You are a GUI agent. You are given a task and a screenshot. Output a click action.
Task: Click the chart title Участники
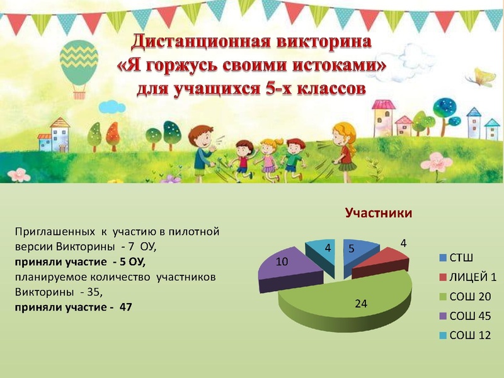click(x=378, y=214)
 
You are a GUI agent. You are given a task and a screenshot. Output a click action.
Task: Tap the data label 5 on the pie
click(x=352, y=249)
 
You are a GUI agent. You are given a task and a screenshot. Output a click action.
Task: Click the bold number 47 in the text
click(x=125, y=307)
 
